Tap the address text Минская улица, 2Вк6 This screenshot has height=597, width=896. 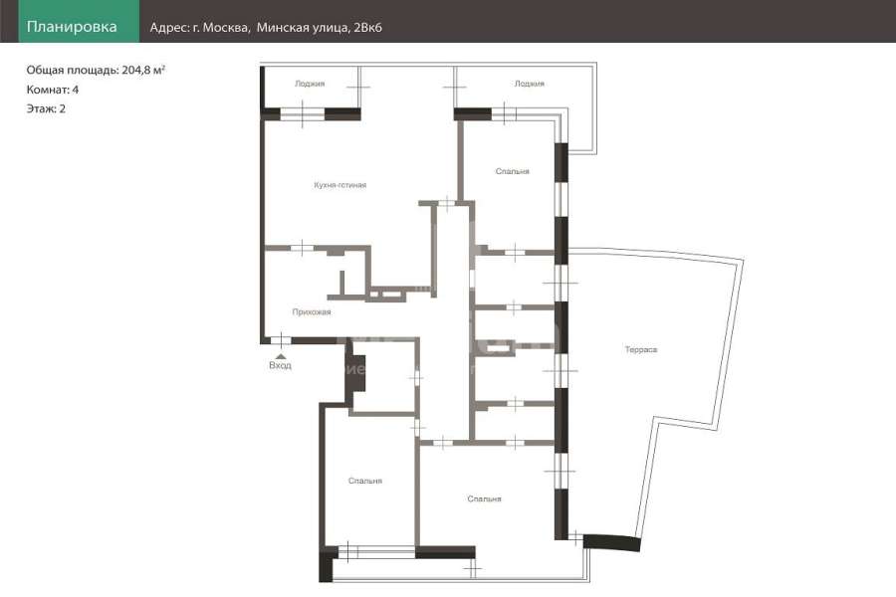pyautogui.click(x=319, y=28)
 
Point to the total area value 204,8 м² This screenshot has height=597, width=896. pyautogui.click(x=143, y=70)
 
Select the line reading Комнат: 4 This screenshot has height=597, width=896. pyautogui.click(x=53, y=90)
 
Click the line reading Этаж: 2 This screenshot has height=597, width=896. pyautogui.click(x=46, y=108)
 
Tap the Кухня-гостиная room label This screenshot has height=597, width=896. pyautogui.click(x=340, y=185)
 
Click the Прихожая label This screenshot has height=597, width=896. pyautogui.click(x=312, y=311)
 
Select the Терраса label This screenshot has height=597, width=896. pyautogui.click(x=641, y=349)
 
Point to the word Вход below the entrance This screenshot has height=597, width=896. pyautogui.click(x=280, y=365)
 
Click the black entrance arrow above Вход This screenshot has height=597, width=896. pyautogui.click(x=281, y=356)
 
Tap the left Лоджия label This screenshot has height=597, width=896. pyautogui.click(x=310, y=84)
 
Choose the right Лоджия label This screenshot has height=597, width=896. pyautogui.click(x=530, y=84)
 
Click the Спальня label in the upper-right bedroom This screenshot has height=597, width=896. pyautogui.click(x=512, y=171)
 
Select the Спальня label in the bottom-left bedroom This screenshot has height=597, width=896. pyautogui.click(x=365, y=481)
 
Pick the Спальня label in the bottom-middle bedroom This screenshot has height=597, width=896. pyautogui.click(x=484, y=499)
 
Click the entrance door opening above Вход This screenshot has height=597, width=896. pyautogui.click(x=281, y=340)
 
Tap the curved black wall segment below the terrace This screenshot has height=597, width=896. pyautogui.click(x=611, y=542)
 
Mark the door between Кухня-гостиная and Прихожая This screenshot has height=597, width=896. pyautogui.click(x=302, y=248)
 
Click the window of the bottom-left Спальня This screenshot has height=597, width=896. pyautogui.click(x=377, y=552)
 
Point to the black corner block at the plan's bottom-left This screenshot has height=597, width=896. pyautogui.click(x=327, y=564)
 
